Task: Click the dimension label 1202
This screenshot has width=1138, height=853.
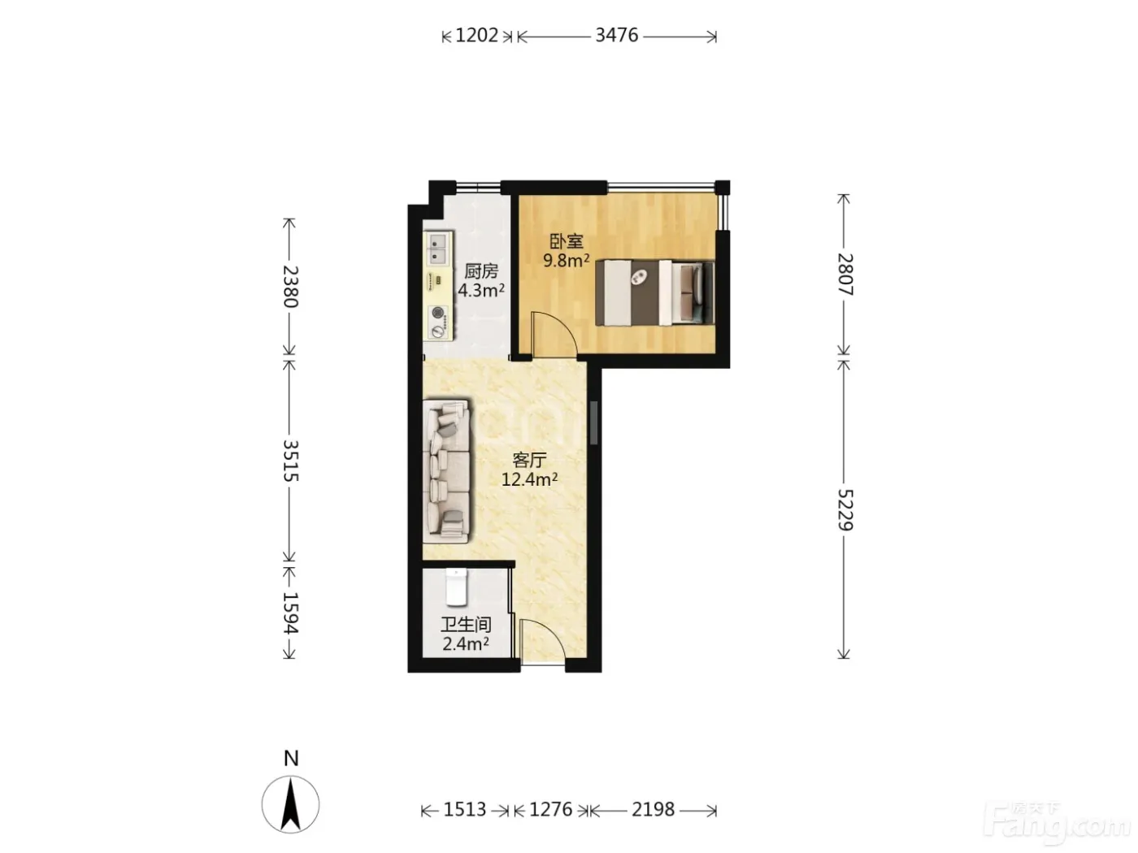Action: click(x=476, y=36)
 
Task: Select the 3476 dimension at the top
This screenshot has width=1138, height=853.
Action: click(x=616, y=36)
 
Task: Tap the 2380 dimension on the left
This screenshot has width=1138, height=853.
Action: click(x=291, y=287)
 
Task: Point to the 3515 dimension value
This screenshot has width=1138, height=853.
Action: click(x=291, y=461)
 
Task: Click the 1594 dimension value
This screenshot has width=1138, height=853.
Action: click(x=291, y=613)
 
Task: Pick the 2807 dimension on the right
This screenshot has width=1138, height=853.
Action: click(x=845, y=275)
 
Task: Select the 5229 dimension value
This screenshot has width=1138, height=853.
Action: click(x=845, y=510)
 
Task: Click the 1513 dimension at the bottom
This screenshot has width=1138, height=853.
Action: click(x=464, y=809)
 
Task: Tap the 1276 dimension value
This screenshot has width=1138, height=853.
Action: click(x=550, y=809)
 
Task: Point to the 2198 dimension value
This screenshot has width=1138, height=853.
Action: click(x=653, y=809)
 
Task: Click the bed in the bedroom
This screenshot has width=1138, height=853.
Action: click(x=655, y=293)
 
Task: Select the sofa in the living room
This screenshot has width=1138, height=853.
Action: click(x=446, y=471)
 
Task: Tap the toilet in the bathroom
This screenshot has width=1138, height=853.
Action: click(x=457, y=587)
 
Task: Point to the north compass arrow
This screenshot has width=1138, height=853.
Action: click(x=290, y=804)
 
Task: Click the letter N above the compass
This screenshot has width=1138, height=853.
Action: click(x=291, y=759)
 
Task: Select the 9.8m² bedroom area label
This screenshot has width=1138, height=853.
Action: click(x=566, y=260)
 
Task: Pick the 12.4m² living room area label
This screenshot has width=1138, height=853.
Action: click(x=529, y=479)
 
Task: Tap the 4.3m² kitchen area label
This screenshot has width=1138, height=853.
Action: click(x=481, y=290)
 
